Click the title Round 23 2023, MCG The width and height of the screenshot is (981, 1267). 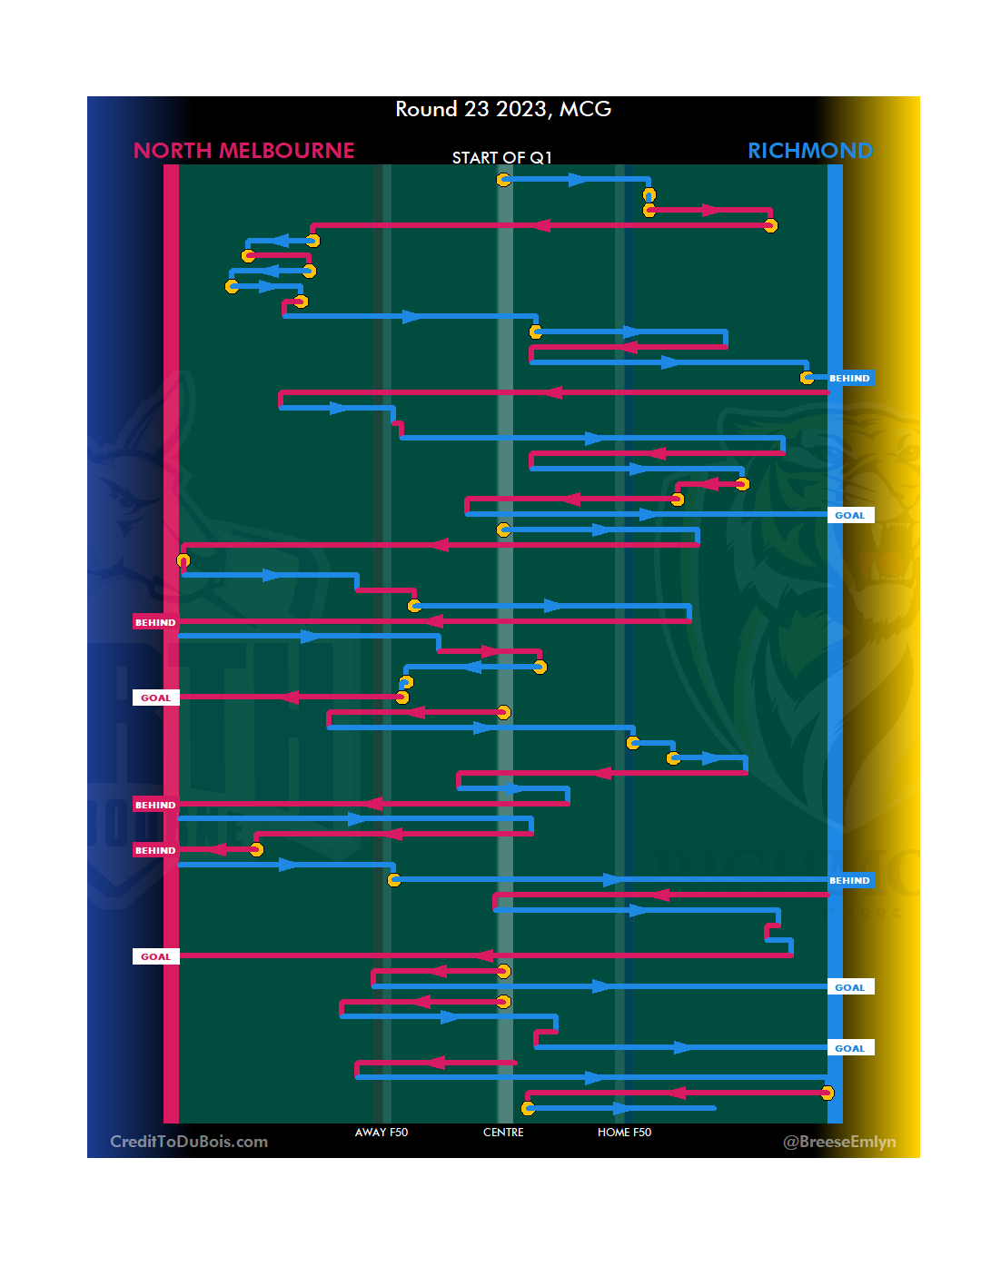point(503,109)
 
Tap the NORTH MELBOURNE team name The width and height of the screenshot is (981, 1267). point(243,151)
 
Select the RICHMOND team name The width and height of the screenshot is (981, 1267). point(809,151)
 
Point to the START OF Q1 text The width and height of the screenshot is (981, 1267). point(501,158)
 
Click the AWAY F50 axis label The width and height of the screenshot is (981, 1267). point(381,1133)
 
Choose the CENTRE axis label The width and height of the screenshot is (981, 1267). point(503,1133)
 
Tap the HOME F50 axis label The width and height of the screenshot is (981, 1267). point(624,1133)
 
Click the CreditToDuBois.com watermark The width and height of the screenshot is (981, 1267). point(189,1142)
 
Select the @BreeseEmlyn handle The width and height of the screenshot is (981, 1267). point(839,1142)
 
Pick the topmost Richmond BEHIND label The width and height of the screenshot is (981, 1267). point(849,378)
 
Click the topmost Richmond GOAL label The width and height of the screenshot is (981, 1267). point(849,515)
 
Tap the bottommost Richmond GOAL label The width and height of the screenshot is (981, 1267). point(849,1048)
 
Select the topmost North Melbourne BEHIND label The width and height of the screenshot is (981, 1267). point(155,622)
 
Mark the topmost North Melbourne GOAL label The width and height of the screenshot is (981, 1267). point(155,698)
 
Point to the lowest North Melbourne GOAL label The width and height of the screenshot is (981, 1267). point(155,956)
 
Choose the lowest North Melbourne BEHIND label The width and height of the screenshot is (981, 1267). point(155,850)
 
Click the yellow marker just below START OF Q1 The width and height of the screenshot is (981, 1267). point(503,180)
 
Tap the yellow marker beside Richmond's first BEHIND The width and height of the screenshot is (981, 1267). point(807,378)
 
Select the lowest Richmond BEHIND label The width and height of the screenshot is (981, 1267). point(849,880)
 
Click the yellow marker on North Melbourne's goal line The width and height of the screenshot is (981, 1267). point(183,560)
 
